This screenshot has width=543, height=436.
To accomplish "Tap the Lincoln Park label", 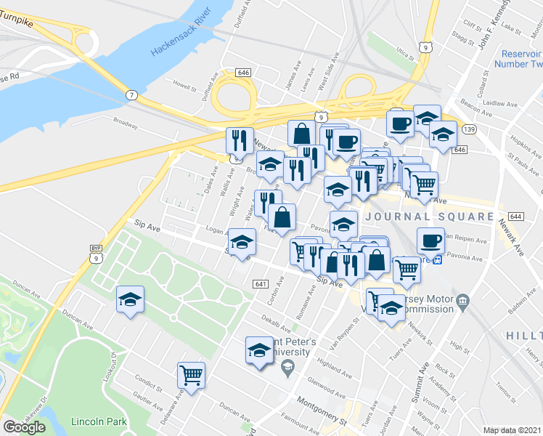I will (x=99, y=421).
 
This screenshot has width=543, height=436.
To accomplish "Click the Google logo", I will (x=24, y=427).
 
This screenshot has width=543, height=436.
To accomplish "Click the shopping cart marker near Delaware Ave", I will (x=191, y=376).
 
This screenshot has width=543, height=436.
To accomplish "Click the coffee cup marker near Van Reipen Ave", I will (x=430, y=241).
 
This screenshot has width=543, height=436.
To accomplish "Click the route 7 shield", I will (x=131, y=95).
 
